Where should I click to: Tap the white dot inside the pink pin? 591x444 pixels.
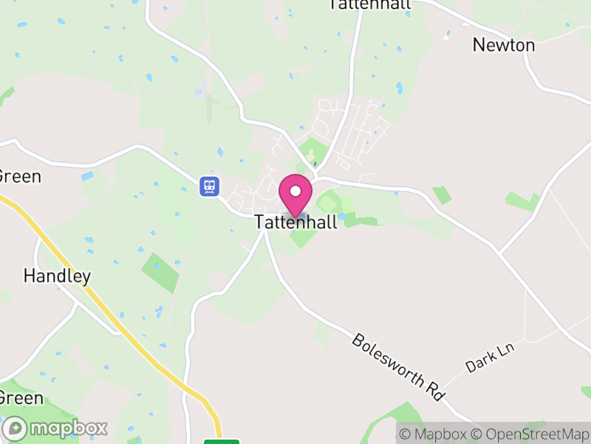click(295, 192)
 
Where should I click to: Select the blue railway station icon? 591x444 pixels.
click(210, 186)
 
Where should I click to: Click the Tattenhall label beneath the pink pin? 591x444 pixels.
click(295, 222)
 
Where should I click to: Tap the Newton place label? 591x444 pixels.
click(504, 45)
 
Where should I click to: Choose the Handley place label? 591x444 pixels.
click(57, 277)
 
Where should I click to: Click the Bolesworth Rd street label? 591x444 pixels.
click(399, 367)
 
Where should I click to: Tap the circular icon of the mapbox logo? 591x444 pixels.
click(15, 428)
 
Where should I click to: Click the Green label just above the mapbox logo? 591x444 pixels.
click(21, 398)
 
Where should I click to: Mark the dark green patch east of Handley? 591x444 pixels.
click(160, 272)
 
